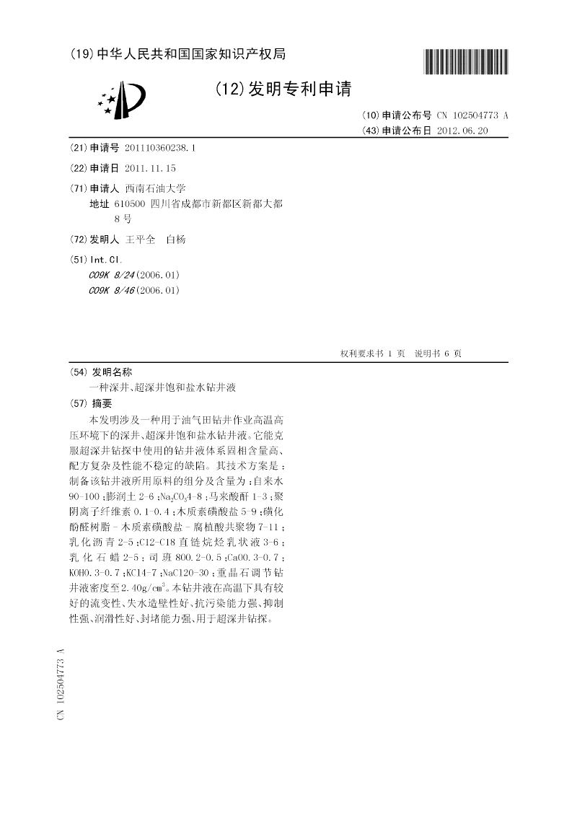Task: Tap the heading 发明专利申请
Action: (283, 89)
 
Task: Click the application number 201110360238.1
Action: (159, 147)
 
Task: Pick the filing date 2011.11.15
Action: (150, 168)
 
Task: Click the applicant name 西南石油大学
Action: (155, 188)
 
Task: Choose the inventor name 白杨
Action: (176, 240)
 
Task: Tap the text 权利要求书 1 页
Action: (372, 354)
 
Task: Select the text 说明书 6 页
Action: (438, 354)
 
